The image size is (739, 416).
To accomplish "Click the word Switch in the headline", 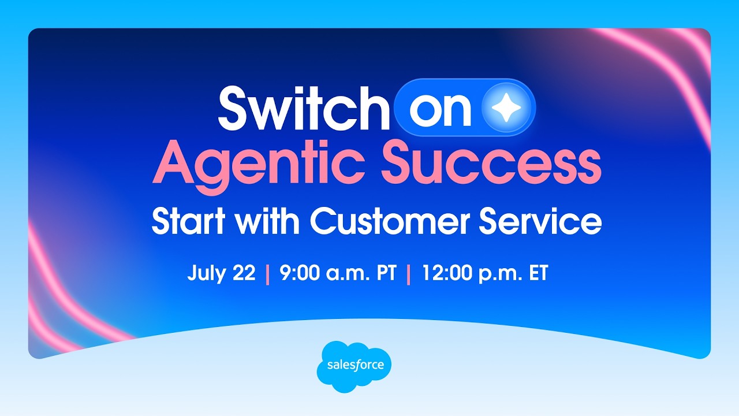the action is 304,108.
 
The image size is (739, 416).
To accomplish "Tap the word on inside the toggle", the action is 441,110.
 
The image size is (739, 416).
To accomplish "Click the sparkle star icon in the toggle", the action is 506,107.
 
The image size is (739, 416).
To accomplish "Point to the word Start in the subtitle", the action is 188,221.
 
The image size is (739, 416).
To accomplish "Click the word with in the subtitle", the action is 268,221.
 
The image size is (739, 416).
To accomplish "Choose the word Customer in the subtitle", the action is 390,221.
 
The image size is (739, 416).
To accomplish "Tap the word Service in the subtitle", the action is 540,221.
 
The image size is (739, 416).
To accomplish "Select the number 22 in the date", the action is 244,273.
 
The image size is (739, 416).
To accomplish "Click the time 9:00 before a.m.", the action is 300,273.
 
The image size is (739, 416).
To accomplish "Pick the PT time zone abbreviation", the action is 385,273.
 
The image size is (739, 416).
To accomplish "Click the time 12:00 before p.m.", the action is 448,273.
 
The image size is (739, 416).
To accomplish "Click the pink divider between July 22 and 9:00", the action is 267,274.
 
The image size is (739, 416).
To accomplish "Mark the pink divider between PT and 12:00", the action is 409,274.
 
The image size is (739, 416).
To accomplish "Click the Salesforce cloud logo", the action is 354,366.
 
